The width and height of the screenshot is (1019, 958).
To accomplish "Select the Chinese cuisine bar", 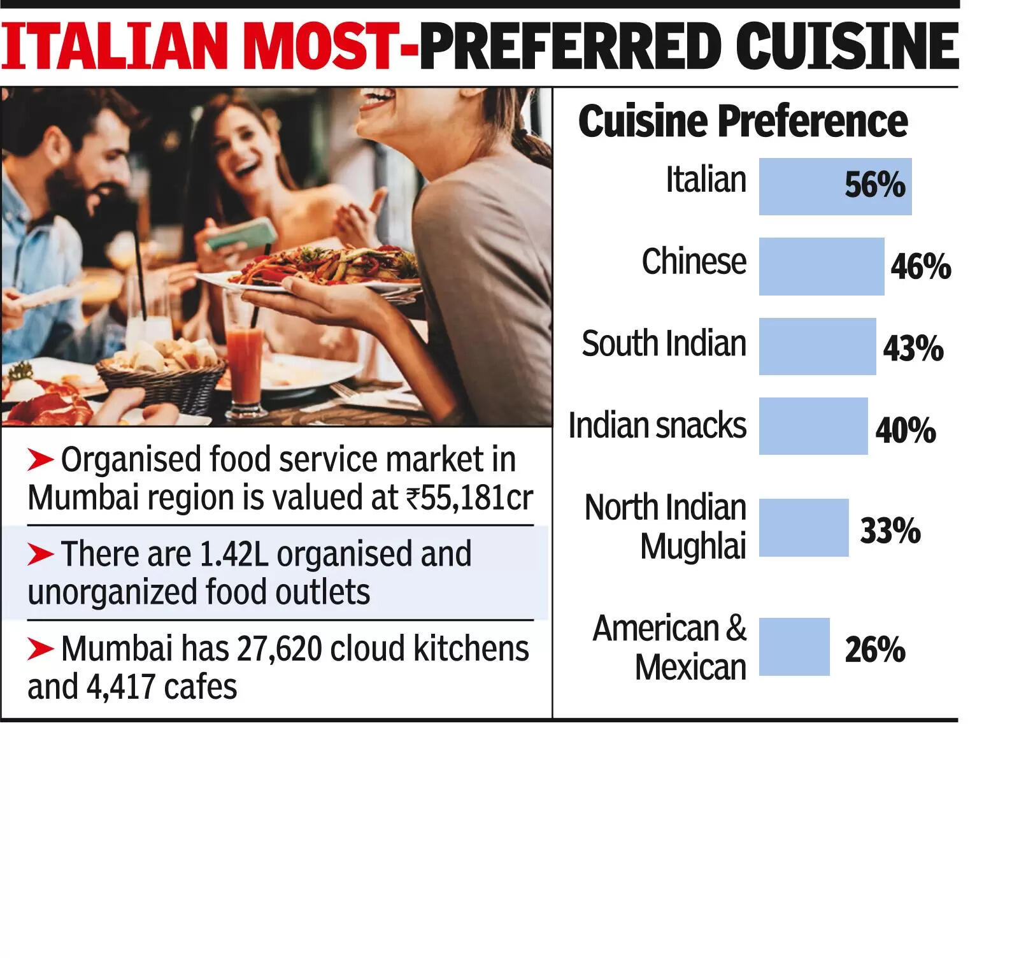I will click(821, 266).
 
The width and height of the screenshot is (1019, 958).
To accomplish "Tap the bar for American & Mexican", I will click(794, 647).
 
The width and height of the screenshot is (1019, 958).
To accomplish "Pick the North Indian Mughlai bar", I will click(803, 527).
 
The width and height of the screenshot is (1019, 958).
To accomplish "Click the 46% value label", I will click(920, 266).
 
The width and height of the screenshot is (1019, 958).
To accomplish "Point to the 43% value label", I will click(913, 348).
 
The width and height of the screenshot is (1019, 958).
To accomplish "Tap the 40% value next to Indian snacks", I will click(905, 430).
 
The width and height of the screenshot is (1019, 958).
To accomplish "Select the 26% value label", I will click(874, 650).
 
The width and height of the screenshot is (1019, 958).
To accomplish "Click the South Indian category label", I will click(664, 344).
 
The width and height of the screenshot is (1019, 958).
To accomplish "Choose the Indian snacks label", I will click(657, 425).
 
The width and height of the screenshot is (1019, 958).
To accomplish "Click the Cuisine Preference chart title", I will click(743, 121).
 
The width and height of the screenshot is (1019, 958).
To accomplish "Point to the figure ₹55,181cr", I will click(469, 497).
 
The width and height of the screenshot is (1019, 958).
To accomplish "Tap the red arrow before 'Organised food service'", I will click(40, 460).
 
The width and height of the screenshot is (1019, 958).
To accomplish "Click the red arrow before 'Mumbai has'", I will click(40, 649).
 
